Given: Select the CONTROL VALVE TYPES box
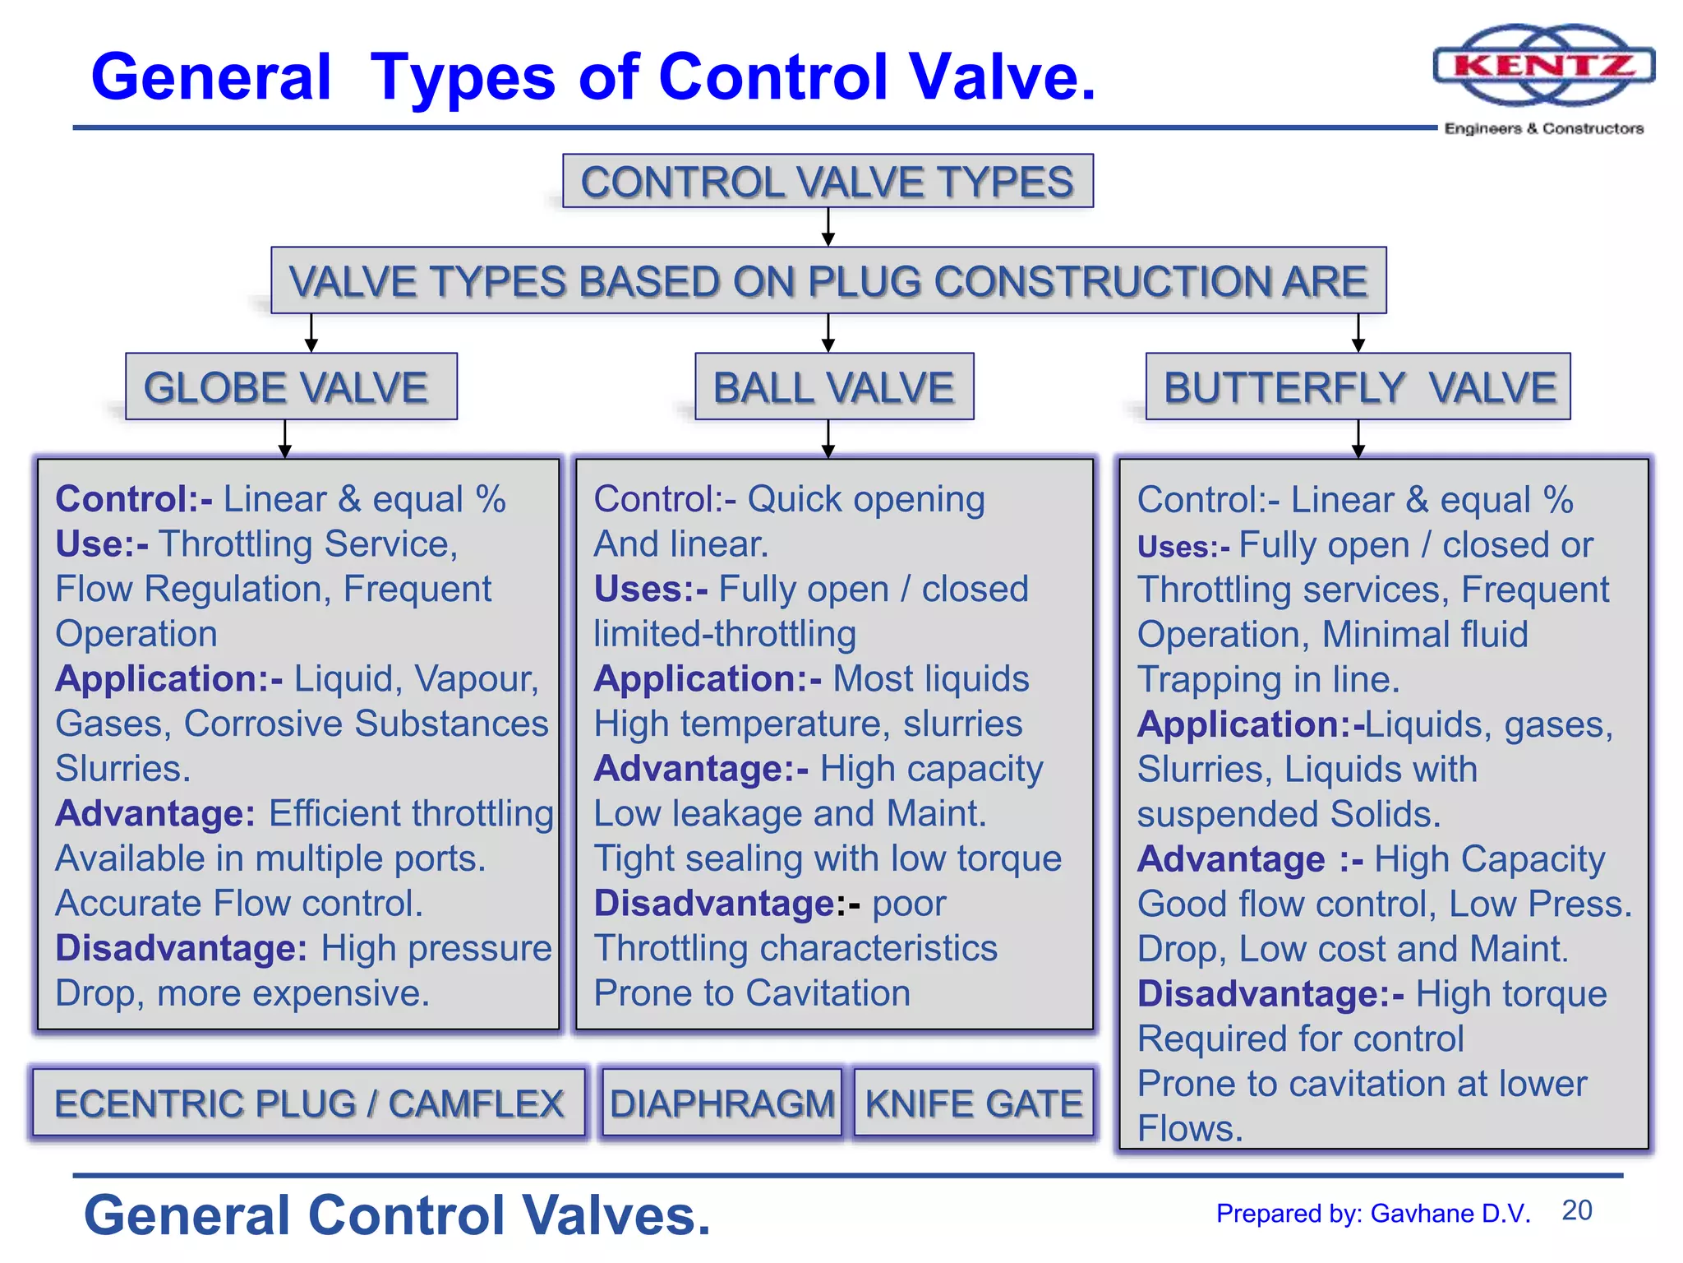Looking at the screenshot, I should tap(828, 182).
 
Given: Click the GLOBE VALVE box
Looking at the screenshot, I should tap(291, 387).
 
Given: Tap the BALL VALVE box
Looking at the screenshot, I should tap(834, 387).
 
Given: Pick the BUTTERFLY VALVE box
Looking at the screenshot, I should tap(1358, 387).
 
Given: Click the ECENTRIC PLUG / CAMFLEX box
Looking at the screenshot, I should tap(309, 1103).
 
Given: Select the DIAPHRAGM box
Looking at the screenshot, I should tap(722, 1103).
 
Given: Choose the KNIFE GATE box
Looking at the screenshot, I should tap(974, 1103).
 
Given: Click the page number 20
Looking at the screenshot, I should tap(1577, 1210).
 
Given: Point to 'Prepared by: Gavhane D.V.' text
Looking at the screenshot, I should tap(1373, 1214).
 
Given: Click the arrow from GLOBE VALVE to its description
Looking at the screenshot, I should tap(285, 439).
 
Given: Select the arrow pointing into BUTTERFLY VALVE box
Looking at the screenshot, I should tap(1358, 334).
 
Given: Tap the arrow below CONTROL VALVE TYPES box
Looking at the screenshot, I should tap(828, 227).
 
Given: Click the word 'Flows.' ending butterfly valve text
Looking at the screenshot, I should tap(1190, 1128).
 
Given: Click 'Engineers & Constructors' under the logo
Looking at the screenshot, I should tap(1544, 128).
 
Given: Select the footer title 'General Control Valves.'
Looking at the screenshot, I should tap(397, 1215).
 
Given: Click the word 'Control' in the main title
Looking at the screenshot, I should tap(773, 76).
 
